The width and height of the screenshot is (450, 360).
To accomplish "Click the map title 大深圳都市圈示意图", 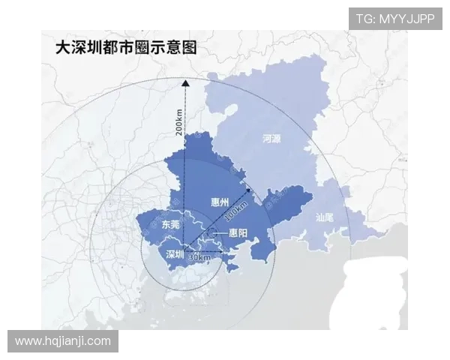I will point(125,47).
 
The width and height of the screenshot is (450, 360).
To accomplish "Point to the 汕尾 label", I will point(325,217).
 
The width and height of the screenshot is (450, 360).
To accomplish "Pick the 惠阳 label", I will point(238,233).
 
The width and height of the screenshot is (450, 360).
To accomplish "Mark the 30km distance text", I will point(199,256).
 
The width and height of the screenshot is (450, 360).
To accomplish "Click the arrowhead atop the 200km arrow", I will point(185,82).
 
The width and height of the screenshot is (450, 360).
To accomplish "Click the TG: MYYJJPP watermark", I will point(394,19).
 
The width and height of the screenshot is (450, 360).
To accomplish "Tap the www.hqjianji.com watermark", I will point(63,341).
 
